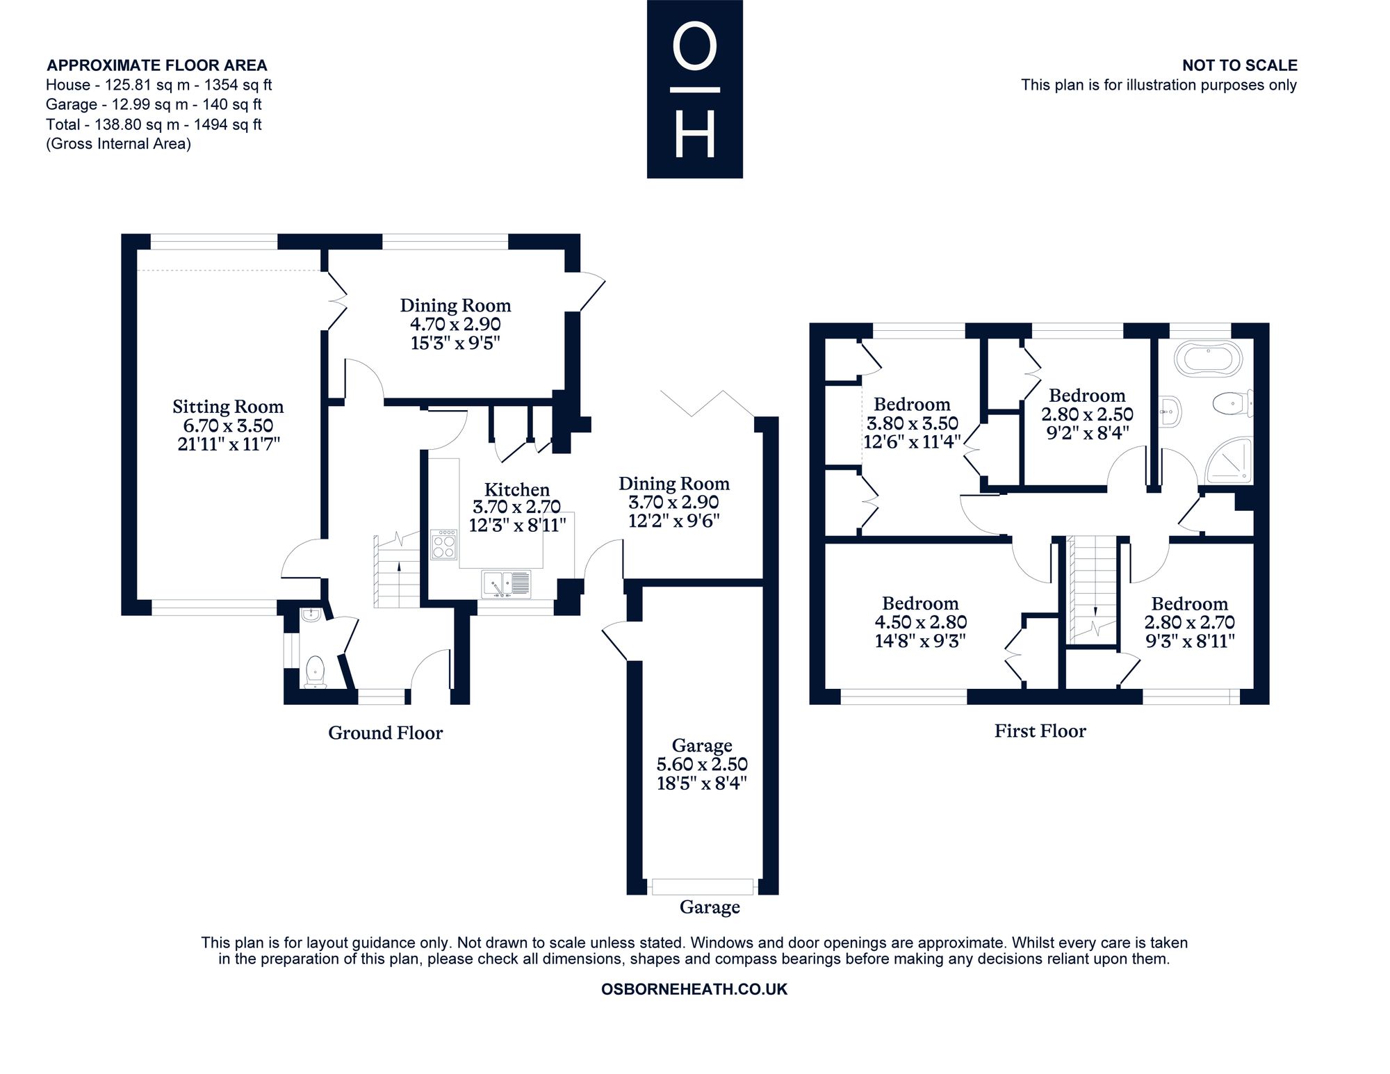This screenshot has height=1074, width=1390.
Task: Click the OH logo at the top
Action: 695,89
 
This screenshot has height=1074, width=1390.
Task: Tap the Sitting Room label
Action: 228,407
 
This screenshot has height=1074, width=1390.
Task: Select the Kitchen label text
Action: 517,489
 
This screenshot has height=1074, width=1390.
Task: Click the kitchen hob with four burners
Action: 444,545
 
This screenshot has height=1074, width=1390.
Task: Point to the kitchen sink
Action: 507,584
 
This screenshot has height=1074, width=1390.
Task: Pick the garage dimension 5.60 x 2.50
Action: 702,765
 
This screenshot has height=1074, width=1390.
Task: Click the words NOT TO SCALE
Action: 1240,65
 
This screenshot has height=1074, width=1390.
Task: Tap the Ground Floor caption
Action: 385,733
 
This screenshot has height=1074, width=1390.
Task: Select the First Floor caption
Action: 1040,731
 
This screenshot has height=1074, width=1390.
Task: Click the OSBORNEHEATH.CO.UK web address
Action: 694,989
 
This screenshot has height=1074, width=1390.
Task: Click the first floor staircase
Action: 1093,591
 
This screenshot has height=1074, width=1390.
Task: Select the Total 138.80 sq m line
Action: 154,124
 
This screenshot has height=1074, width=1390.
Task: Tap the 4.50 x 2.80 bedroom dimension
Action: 920,622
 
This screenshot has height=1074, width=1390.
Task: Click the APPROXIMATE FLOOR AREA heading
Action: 157,65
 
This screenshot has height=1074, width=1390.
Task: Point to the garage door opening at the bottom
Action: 703,886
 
